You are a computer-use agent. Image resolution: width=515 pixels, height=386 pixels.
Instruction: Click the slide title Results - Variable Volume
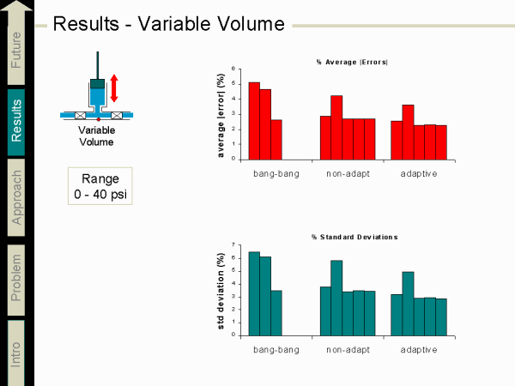[x=168, y=23]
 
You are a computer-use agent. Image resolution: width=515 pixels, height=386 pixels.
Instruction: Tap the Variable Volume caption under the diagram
[x=96, y=136]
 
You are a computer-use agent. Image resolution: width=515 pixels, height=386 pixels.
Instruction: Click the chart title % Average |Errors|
[x=350, y=62]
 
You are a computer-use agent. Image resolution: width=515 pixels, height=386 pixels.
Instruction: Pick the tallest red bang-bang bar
[x=254, y=121]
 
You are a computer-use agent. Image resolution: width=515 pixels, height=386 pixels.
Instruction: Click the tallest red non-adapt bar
[x=336, y=127]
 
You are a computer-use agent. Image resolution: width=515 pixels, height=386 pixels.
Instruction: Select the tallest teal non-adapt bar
[x=336, y=297]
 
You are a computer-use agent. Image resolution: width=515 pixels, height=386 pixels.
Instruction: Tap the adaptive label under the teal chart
[x=418, y=349]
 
